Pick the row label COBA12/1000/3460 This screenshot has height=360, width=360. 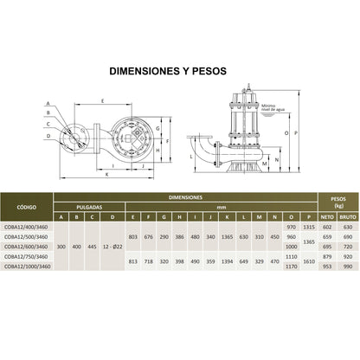pyautogui.click(x=28, y=267)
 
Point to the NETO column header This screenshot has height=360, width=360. pyautogui.click(x=327, y=216)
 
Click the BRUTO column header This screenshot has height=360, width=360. pyautogui.click(x=347, y=216)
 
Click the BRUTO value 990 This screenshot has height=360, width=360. pyautogui.click(x=347, y=267)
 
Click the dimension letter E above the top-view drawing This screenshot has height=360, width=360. pyautogui.click(x=102, y=101)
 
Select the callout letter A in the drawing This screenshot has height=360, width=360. pyautogui.click(x=48, y=103)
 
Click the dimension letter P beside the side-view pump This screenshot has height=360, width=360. pyautogui.click(x=298, y=134)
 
